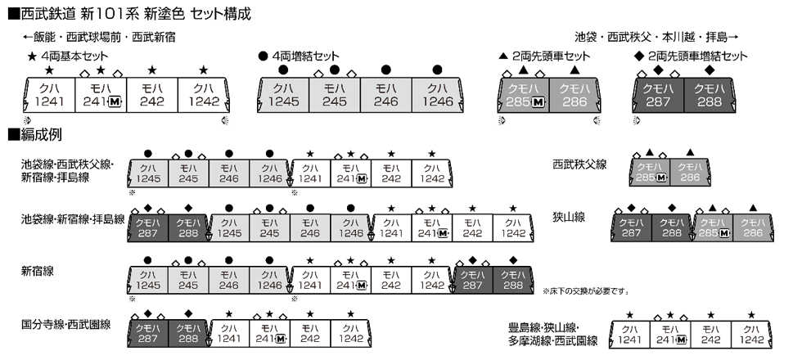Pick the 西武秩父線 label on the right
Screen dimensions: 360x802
[579, 164]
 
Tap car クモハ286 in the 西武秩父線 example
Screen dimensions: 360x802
[689, 171]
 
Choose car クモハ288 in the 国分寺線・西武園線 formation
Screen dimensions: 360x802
[187, 334]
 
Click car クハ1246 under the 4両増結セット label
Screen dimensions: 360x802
[438, 95]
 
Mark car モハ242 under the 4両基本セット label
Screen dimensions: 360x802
[151, 95]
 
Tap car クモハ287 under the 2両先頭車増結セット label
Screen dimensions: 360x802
[660, 95]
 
